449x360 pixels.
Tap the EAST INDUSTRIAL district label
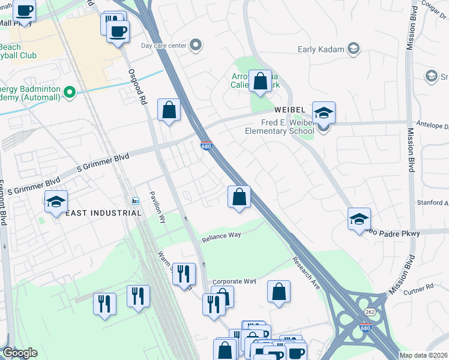click(103, 213)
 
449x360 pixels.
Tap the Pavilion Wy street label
click(161, 205)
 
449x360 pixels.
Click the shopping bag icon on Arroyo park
click(261, 82)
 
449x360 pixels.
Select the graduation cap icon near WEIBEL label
click(324, 113)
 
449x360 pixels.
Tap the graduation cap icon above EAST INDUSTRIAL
click(56, 202)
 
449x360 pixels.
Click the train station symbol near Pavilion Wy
click(136, 200)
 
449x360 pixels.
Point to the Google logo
click(20, 353)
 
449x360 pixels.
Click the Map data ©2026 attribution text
click(423, 355)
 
